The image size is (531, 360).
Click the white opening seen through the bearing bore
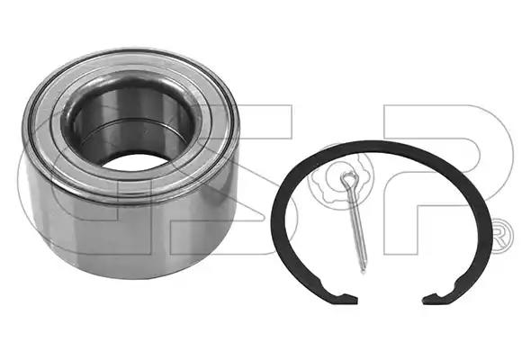(135, 162)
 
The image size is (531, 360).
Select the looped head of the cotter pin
(349, 179)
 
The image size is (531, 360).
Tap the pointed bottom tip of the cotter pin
(364, 271)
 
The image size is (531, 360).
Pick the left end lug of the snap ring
(346, 298)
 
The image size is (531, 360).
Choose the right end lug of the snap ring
(436, 297)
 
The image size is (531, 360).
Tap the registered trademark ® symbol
(503, 237)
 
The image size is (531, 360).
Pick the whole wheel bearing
(131, 164)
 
